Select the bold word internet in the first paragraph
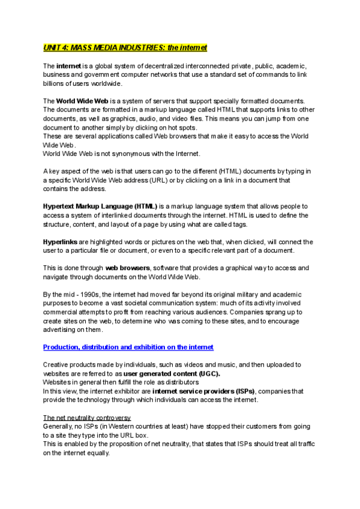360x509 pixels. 68,65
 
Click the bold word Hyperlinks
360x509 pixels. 60,241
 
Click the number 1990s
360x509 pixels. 99,294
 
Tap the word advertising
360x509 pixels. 62,330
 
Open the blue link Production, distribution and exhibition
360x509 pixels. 128,347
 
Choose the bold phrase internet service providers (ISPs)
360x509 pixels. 204,391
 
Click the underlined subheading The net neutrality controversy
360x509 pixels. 87,417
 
